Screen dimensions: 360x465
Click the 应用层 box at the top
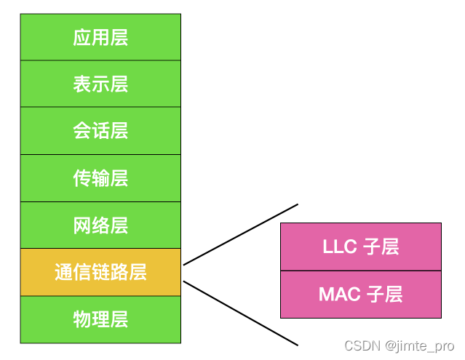point(100,37)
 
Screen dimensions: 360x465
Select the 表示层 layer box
point(100,84)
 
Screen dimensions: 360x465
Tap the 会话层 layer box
point(100,131)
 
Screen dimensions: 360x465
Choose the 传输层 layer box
point(100,178)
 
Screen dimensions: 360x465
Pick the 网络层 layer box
point(100,225)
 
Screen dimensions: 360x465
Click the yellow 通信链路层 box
point(100,272)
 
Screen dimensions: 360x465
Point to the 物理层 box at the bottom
point(100,319)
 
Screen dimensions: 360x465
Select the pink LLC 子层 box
point(360,247)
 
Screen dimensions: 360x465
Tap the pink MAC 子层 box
point(360,295)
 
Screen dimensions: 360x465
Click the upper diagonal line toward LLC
point(240,234)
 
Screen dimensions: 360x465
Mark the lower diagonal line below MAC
point(240,313)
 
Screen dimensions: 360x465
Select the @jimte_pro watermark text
point(420,345)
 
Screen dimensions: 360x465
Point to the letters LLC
point(339,247)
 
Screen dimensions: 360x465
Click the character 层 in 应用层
point(119,37)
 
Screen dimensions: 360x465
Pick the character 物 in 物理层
point(82,319)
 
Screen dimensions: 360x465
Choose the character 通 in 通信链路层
point(63,272)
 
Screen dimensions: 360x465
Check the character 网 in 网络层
point(82,225)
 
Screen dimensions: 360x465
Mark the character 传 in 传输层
point(82,178)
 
